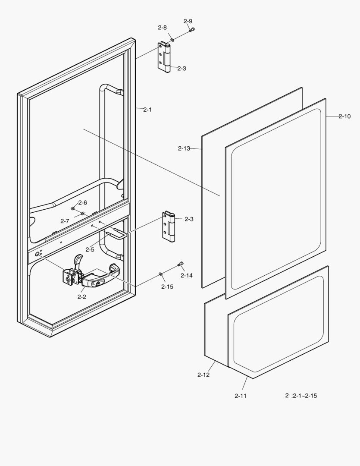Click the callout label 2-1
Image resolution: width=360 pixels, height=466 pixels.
coord(147,110)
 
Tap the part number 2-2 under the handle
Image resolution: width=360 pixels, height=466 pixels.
coord(81,296)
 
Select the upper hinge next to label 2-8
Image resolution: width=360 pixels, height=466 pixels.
coord(164,57)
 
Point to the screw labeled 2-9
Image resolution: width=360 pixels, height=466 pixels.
coord(192,29)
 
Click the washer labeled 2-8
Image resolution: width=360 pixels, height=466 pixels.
coord(172,40)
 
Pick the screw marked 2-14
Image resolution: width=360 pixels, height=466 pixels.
coord(181,264)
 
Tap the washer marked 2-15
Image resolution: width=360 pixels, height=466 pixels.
coord(160,274)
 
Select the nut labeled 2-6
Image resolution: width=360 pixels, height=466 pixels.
coord(72,208)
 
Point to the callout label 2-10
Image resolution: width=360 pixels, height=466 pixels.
coord(344,116)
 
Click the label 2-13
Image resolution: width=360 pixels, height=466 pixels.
coord(184,148)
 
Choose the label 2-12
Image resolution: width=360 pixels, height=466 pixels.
coord(203,375)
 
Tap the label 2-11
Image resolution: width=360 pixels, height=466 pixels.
coord(241,396)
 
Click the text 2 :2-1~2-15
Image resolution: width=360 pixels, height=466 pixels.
coord(301,396)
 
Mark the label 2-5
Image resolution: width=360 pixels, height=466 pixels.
coord(90,250)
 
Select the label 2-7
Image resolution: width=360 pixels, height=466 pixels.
coord(65,221)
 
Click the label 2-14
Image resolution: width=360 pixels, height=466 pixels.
coord(187,275)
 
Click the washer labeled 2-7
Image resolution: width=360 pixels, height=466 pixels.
coord(83,214)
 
